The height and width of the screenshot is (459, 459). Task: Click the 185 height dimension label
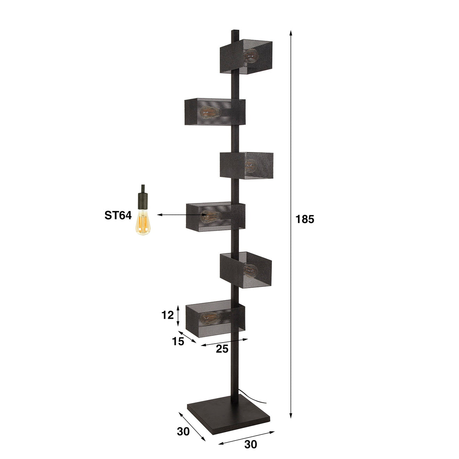[x=305, y=219]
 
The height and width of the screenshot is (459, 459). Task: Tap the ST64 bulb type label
[x=118, y=216]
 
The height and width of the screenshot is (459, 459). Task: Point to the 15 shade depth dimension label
[x=178, y=341]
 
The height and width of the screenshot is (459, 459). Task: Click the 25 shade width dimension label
[x=222, y=349]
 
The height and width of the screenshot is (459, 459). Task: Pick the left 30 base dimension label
[x=183, y=431]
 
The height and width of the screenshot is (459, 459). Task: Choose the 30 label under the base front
[x=250, y=445]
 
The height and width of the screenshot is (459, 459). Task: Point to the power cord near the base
[x=257, y=399]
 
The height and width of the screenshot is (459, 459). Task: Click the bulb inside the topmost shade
[x=251, y=56]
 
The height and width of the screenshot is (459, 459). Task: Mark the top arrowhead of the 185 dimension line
[x=291, y=33]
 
